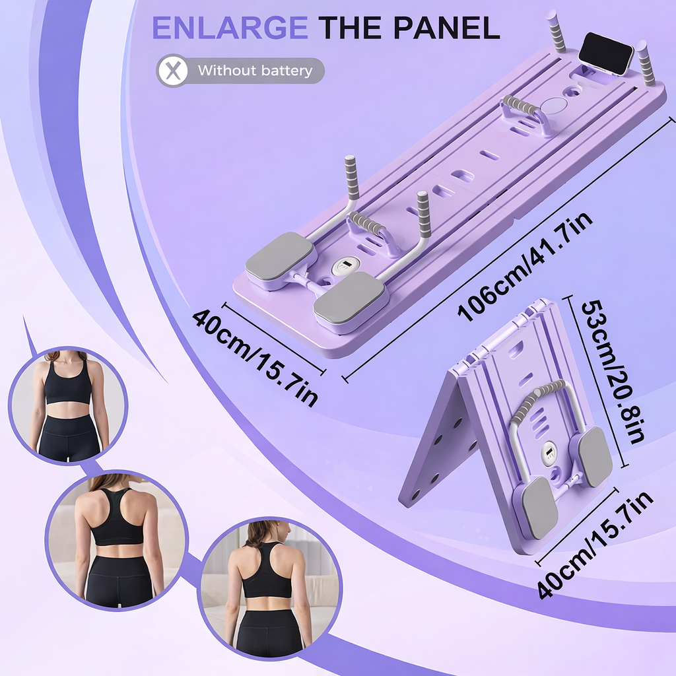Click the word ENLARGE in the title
[x=230, y=28]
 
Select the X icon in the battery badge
[x=172, y=71]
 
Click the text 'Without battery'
[x=255, y=71]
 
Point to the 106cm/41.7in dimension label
[x=525, y=267]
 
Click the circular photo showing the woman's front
[x=67, y=405]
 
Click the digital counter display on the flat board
[x=345, y=266]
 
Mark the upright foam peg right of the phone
[x=645, y=62]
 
